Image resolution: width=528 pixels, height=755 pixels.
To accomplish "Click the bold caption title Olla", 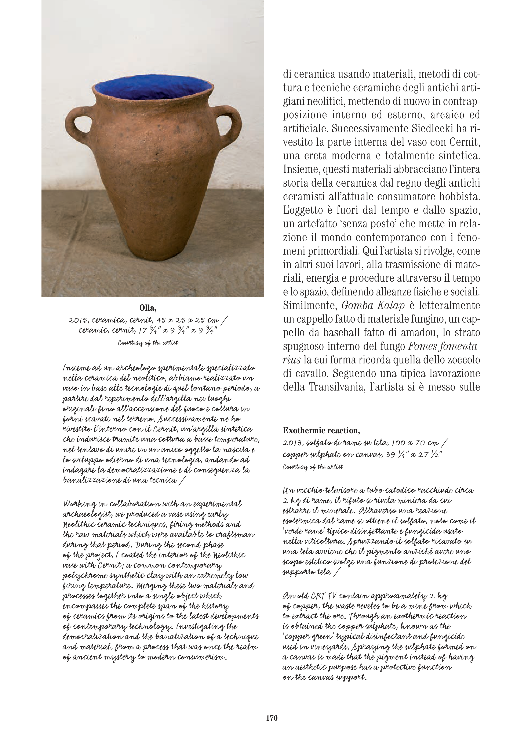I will [148, 308].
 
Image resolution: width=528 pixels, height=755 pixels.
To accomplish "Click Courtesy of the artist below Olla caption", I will [148, 343].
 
